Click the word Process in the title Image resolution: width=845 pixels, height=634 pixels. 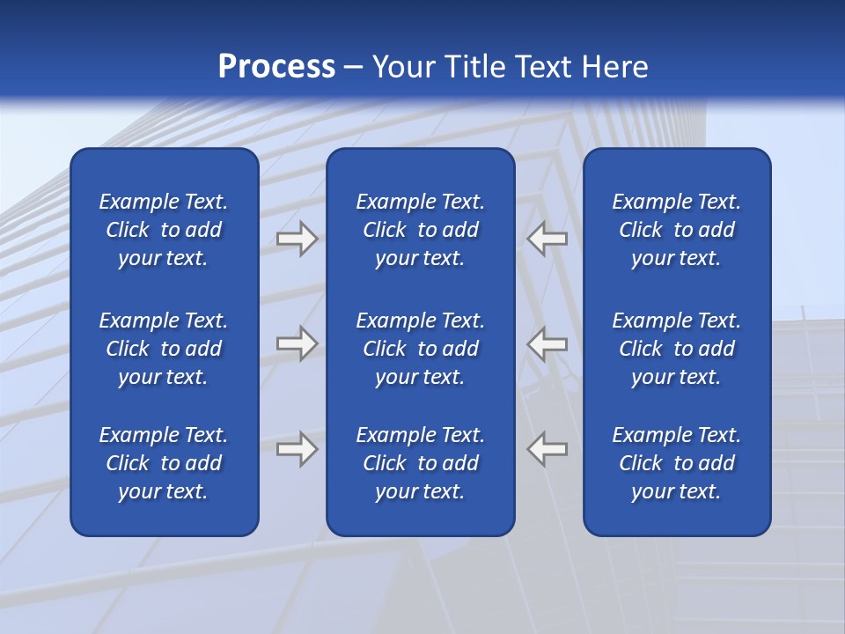[276, 67]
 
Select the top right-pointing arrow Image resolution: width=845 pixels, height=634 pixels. [297, 239]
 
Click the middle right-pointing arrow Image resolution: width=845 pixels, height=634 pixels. [297, 343]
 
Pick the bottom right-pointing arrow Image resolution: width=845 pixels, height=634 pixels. [297, 449]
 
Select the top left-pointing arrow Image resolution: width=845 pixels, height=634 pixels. [547, 239]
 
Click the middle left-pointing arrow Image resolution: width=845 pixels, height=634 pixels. [547, 343]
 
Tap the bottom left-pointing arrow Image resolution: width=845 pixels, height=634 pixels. [547, 449]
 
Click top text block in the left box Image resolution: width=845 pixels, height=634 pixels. [164, 230]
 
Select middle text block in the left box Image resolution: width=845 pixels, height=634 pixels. [164, 349]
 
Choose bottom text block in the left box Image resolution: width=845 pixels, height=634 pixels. [164, 463]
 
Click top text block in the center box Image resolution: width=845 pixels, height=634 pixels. [420, 230]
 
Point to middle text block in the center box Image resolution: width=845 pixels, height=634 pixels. [420, 349]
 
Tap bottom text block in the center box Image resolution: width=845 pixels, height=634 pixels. [420, 463]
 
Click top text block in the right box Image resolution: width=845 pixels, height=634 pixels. [676, 230]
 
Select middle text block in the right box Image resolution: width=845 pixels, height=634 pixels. [676, 349]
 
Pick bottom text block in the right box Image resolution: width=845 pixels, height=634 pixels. [676, 463]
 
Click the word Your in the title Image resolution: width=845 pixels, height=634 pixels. [404, 67]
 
